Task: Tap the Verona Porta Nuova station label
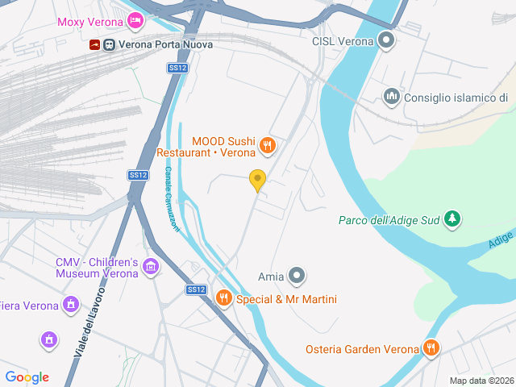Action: coord(166,44)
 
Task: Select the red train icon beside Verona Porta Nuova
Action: coord(95,44)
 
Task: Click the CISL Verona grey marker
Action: coord(388,40)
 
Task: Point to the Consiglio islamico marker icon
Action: coord(393,98)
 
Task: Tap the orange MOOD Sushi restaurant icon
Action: coord(268,146)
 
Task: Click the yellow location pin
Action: coord(258,181)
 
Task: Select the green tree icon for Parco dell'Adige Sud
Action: coord(453,218)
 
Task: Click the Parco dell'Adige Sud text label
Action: coord(389,219)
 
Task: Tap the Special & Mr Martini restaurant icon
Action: coord(223,299)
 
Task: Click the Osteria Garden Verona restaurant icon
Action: coord(431,348)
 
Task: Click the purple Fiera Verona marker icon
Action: coord(71,305)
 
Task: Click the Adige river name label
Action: coord(500,239)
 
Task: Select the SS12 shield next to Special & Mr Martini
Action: coord(196,289)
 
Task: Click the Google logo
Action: coord(27,377)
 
